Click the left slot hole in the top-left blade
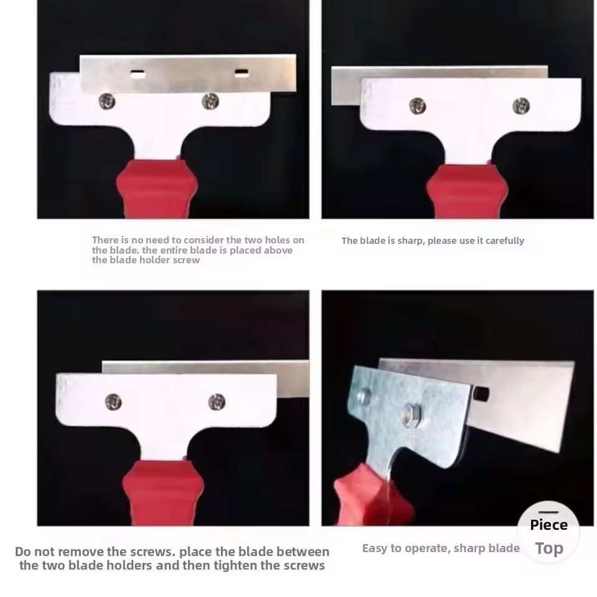pos(138,74)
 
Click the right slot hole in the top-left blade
pos(242,73)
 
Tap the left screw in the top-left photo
pos(106,101)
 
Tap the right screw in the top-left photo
pos(210,101)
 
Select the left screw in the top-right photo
pos(417,106)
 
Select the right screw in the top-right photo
pos(521,106)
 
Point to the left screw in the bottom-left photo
pos(113,402)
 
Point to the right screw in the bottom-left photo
pos(216,402)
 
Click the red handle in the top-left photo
pos(157,189)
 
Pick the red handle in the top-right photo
pos(467,192)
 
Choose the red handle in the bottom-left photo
pos(163,493)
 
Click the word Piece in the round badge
pos(548,525)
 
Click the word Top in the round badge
pos(549,549)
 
